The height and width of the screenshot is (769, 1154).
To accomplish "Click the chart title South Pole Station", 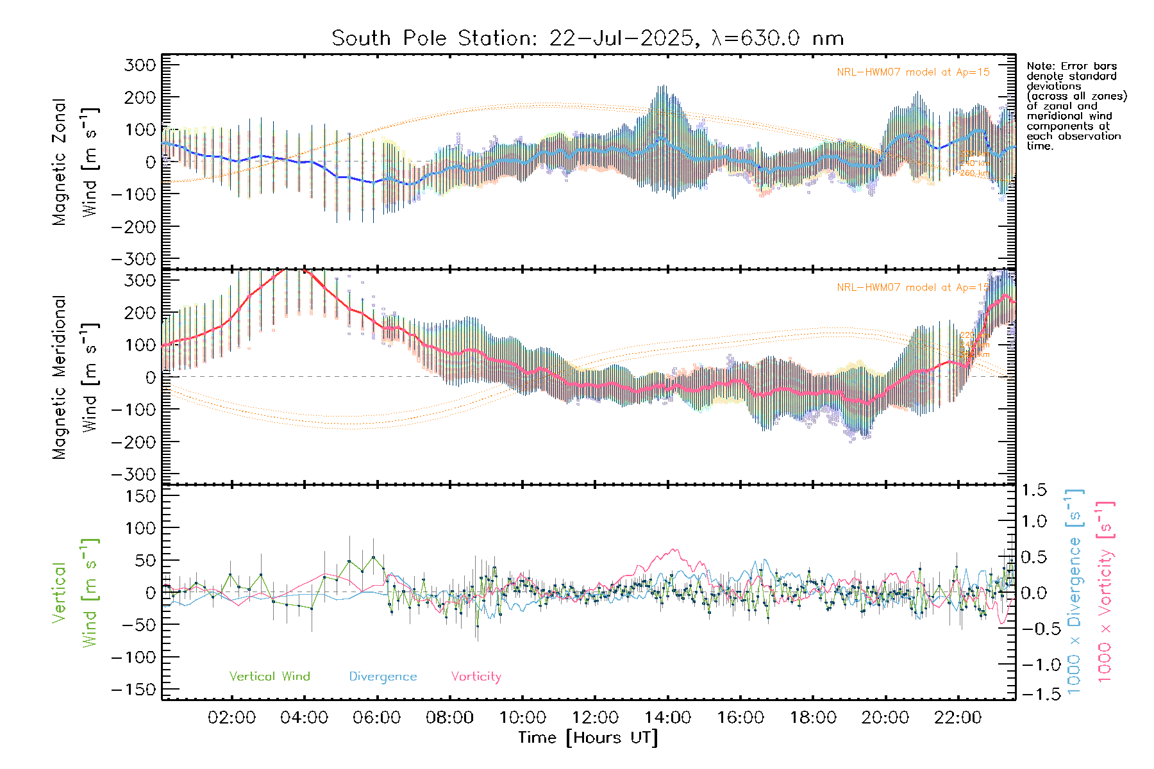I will pos(587,38).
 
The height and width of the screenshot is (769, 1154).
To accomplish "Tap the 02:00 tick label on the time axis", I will pos(231,718).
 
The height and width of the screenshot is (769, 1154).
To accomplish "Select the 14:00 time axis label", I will pos(667,718).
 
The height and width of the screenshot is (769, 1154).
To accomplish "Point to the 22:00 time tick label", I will pos(958,718).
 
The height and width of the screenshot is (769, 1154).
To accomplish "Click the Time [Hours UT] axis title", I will pos(588,738).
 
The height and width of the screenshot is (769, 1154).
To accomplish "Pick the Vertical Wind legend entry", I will pos(269,676).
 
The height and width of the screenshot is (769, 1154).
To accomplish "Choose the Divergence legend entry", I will pos(383,676).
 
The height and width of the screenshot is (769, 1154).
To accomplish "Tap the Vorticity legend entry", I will pos(476,676).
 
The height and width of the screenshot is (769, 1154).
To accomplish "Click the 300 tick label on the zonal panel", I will pos(140,65).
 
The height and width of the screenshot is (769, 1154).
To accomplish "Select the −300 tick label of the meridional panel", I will pos(134,474).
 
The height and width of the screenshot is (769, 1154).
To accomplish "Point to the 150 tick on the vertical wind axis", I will pos(140,496).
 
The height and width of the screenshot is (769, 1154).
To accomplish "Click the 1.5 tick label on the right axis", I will pos(1034,490).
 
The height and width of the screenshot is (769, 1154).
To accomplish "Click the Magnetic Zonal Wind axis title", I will pos(74,162).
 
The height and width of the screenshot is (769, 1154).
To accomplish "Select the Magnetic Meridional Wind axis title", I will pos(74,377).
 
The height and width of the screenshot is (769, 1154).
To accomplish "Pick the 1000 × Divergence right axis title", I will pos(1075,591).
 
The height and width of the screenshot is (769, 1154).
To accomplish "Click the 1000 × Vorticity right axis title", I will pos(1105,591).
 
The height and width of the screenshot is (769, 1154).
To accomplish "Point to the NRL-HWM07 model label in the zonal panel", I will pos(913,72).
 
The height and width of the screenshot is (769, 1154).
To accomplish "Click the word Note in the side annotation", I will pos(1039,66).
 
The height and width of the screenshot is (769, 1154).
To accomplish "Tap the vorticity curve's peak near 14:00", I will pos(673,549).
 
